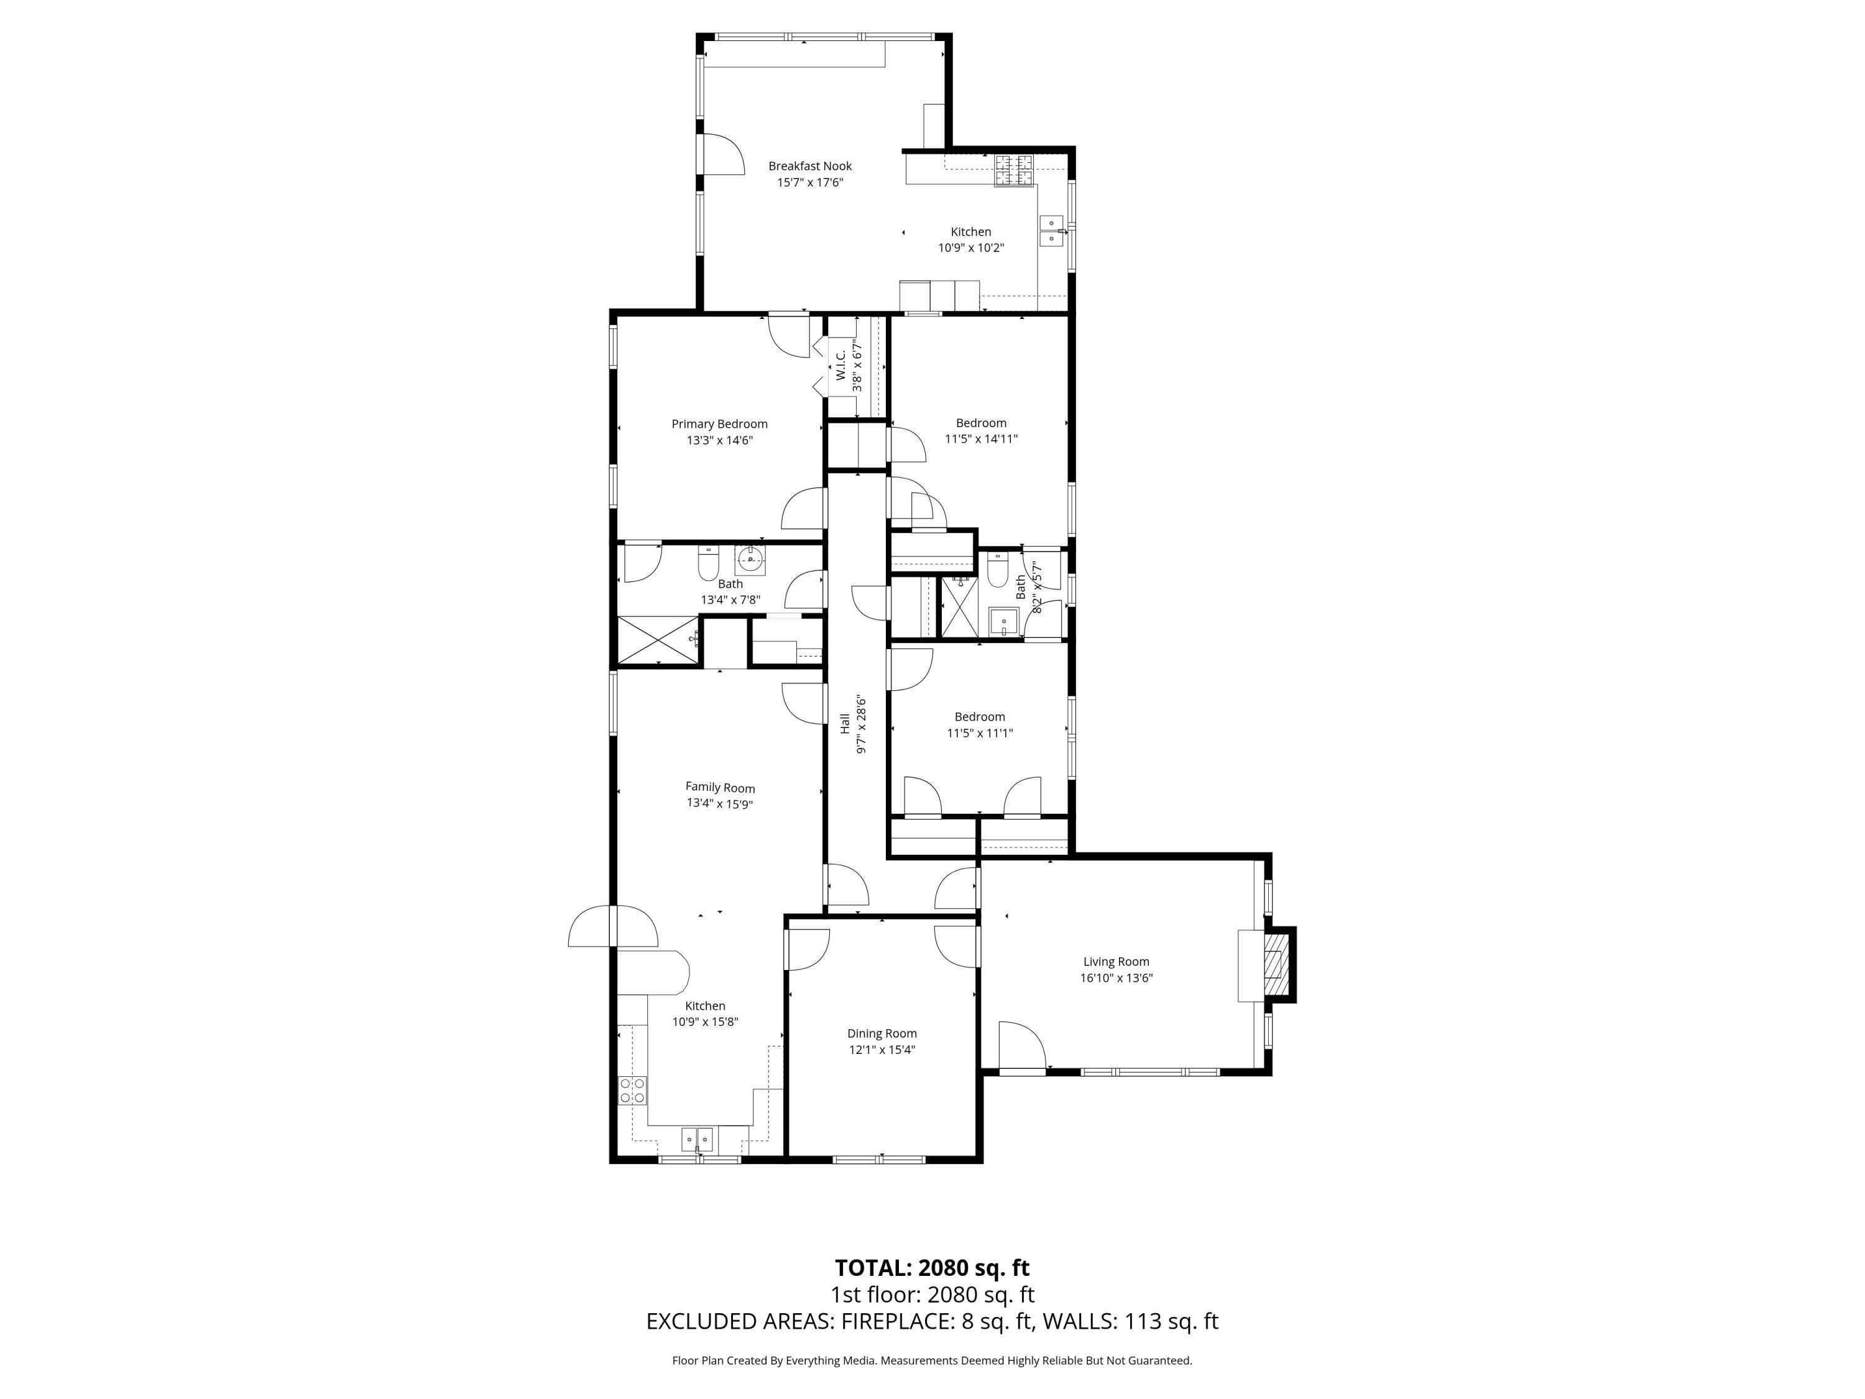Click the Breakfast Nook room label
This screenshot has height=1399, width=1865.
809,166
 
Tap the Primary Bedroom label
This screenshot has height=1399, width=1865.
719,424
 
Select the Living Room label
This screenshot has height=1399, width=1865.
1115,961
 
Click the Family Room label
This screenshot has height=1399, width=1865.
720,788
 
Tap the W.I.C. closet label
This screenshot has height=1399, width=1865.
840,365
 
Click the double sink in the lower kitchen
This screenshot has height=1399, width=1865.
698,1139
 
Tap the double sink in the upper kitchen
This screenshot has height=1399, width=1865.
1053,230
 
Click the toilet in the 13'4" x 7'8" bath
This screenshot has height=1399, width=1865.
708,563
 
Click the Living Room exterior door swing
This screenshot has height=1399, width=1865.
1022,1046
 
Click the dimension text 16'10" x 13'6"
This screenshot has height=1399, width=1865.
1115,978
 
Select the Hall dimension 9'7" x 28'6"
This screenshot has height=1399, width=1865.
861,724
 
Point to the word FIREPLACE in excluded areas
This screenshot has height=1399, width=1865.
897,1321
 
